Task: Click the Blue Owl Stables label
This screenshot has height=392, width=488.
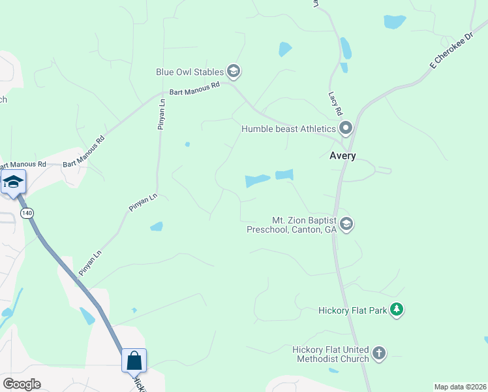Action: (x=189, y=72)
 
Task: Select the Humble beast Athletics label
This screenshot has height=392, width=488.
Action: (x=288, y=129)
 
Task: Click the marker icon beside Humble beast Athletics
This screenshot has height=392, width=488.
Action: (x=346, y=127)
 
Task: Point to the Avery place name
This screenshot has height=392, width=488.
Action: (x=342, y=156)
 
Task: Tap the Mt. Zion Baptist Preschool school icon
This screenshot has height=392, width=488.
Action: (x=346, y=224)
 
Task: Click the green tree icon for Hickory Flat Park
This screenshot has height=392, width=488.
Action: (x=396, y=310)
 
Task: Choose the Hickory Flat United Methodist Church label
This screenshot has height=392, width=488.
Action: (x=331, y=354)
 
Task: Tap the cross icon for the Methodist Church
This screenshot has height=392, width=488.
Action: (x=379, y=354)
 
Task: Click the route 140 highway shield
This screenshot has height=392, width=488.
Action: (x=27, y=214)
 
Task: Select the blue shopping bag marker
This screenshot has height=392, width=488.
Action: (x=134, y=360)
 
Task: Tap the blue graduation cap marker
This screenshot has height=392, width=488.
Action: (x=13, y=181)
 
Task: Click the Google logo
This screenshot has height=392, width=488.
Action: (x=22, y=384)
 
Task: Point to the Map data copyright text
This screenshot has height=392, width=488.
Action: (x=460, y=387)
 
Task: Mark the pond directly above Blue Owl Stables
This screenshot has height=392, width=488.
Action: (x=285, y=49)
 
